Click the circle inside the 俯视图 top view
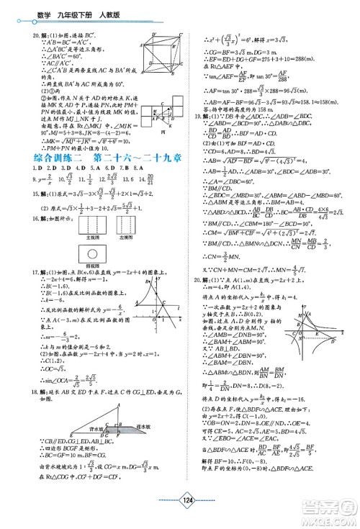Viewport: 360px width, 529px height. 93,275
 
